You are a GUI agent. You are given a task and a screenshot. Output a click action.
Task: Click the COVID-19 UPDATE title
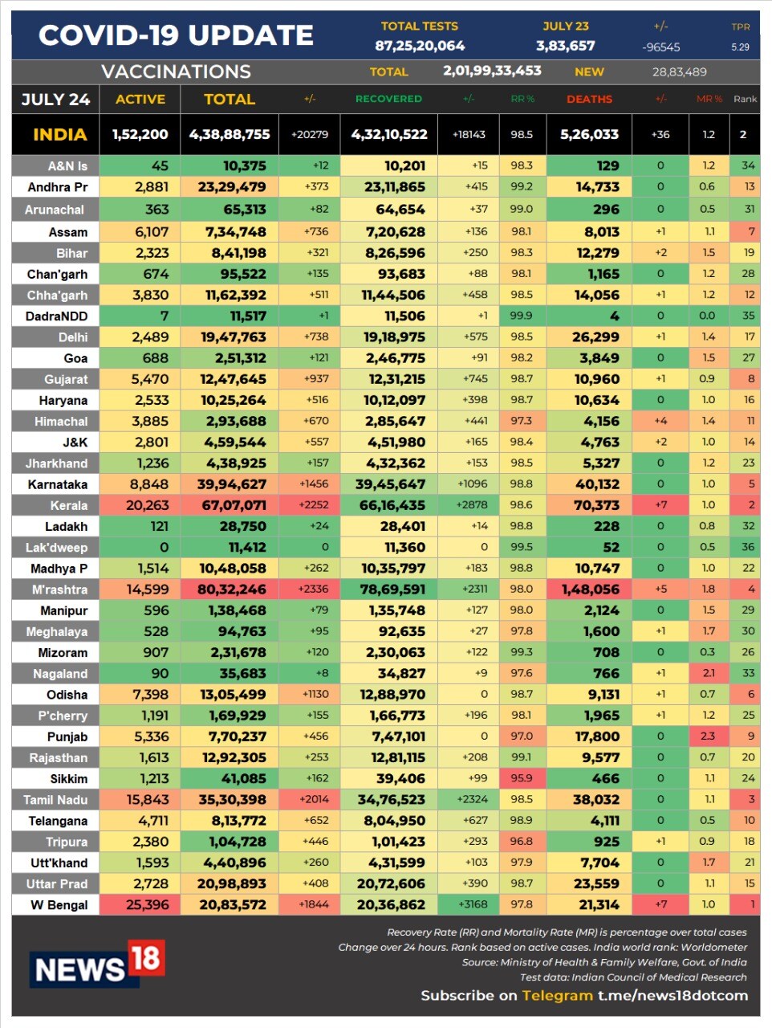(x=176, y=35)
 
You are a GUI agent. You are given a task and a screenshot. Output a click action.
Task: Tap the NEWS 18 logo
(x=97, y=963)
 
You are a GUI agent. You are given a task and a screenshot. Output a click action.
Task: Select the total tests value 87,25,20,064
(x=420, y=46)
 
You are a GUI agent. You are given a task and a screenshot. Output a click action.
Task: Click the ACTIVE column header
(x=140, y=99)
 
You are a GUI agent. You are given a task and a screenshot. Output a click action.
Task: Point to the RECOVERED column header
(x=388, y=99)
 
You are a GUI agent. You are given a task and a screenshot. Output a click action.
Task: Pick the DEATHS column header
(x=589, y=99)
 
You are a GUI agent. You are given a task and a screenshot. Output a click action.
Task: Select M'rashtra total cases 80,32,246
(x=231, y=589)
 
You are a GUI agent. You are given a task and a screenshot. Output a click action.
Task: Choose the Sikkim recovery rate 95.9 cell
(x=522, y=778)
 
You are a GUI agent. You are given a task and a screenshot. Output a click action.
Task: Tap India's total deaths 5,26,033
(x=590, y=134)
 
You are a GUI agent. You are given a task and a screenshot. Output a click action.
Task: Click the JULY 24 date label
(x=55, y=99)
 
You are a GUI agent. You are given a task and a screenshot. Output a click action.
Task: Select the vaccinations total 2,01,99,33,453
(x=492, y=71)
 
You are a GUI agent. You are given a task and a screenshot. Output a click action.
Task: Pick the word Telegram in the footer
(x=557, y=995)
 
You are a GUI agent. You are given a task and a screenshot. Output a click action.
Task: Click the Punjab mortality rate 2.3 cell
(x=708, y=736)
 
